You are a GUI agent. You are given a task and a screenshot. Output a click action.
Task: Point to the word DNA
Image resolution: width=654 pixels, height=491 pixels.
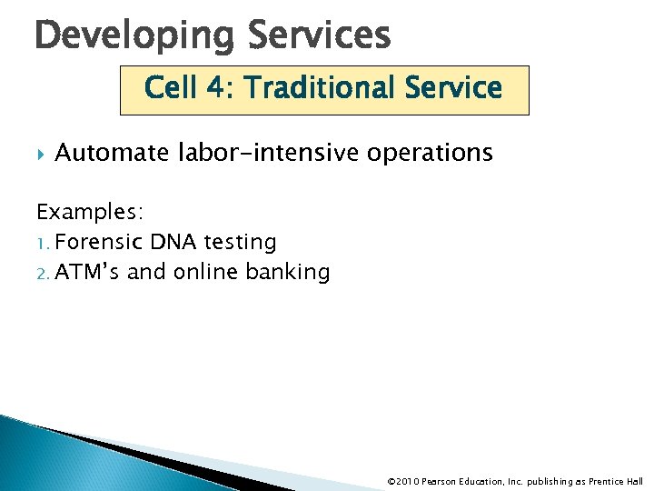(170, 242)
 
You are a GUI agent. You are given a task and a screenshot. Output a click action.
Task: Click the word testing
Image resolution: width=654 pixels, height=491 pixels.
(240, 243)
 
